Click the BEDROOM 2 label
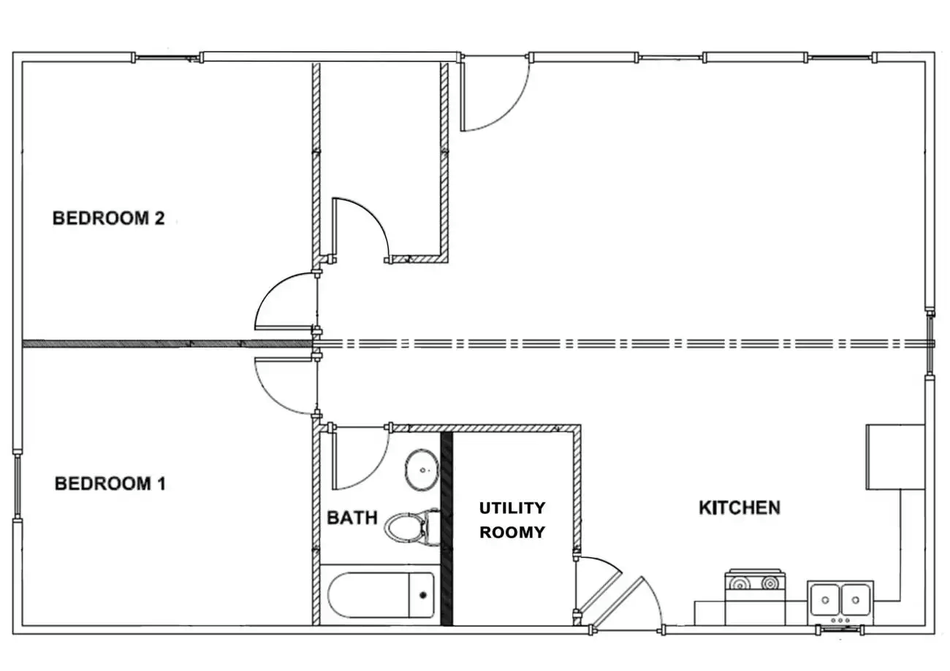click(x=108, y=218)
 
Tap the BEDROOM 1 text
click(x=110, y=483)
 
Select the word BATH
click(x=351, y=518)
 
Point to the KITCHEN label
click(x=739, y=507)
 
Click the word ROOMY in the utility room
click(x=512, y=532)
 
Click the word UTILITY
click(x=512, y=508)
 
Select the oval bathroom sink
click(x=422, y=469)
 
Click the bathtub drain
click(x=422, y=594)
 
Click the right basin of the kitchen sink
click(x=855, y=599)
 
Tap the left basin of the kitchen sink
click(x=824, y=599)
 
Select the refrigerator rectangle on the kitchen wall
click(x=895, y=457)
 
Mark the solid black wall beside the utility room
click(x=447, y=529)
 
